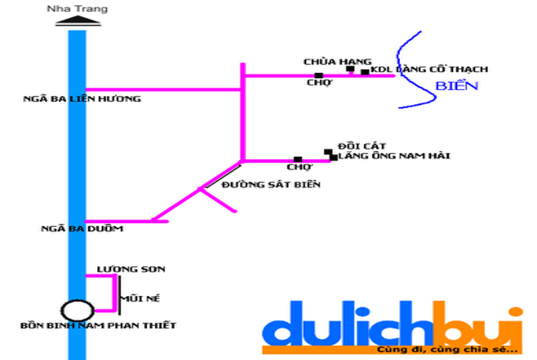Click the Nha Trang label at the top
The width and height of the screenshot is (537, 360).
click(x=78, y=9)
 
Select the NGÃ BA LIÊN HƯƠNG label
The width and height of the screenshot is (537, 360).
click(x=82, y=99)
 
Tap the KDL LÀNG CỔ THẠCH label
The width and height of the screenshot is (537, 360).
click(x=429, y=69)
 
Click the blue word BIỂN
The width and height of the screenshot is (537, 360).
click(x=457, y=85)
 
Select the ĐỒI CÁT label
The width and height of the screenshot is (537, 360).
click(x=362, y=146)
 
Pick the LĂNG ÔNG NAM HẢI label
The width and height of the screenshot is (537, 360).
click(x=394, y=156)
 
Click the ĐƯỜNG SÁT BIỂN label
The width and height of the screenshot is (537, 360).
click(x=271, y=184)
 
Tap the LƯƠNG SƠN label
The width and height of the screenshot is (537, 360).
click(x=131, y=269)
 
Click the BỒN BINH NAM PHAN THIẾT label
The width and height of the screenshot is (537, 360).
click(x=98, y=325)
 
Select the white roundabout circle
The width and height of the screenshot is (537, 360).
click(x=78, y=310)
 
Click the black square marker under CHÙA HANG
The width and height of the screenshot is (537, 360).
click(x=350, y=69)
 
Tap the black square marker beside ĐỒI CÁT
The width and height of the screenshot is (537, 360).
click(x=328, y=152)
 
